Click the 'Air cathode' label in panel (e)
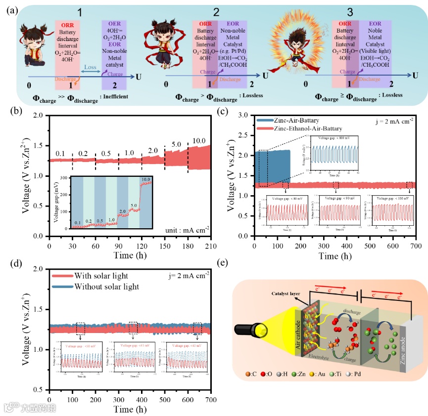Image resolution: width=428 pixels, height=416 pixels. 301,335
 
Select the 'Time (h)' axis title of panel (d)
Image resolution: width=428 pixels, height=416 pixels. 130,409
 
